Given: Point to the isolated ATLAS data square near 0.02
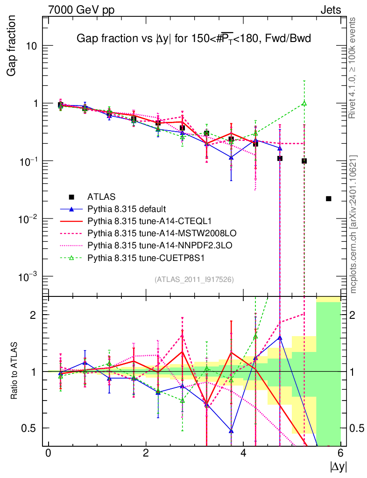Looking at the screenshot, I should tap(329, 199).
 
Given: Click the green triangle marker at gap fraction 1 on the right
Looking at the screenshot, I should tap(304, 103).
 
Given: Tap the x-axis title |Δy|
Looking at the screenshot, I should tap(339, 466).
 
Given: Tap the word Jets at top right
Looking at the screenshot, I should tap(330, 10).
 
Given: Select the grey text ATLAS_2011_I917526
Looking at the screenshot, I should tap(194, 279).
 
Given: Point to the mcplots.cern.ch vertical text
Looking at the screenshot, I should tap(353, 224).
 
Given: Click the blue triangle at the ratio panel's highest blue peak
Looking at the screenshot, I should tap(280, 337).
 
